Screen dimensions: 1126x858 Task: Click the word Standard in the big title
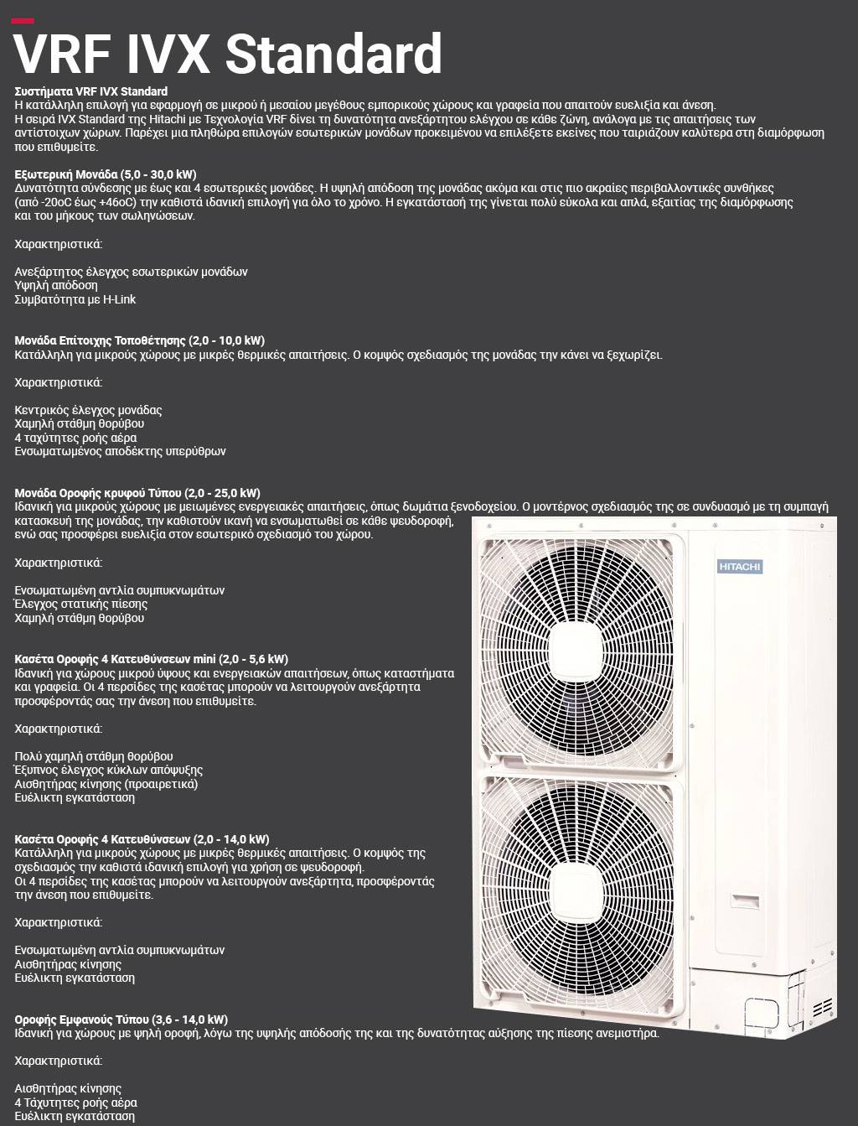click(333, 55)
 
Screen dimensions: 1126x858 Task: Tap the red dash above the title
click(23, 21)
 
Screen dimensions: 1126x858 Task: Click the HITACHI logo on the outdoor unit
click(740, 567)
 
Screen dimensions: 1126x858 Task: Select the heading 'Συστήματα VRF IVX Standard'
click(91, 91)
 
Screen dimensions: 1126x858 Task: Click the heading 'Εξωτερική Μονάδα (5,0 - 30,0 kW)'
click(106, 174)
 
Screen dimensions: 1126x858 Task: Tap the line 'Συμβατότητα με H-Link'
click(75, 299)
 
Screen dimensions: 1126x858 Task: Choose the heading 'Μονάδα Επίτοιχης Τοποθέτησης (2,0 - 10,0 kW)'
click(139, 340)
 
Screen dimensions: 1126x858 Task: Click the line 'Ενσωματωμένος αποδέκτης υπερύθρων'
click(120, 451)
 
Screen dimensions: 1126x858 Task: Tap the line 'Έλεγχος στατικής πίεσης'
click(80, 604)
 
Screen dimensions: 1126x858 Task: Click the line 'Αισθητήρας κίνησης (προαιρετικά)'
click(106, 784)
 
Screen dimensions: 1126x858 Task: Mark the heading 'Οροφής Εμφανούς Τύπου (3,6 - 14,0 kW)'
click(121, 1020)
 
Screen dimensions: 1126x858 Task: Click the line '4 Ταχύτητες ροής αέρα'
click(75, 1103)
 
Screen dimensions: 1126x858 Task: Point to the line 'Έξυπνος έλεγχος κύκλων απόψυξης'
click(109, 770)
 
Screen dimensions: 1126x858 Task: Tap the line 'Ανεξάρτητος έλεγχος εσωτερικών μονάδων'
click(131, 272)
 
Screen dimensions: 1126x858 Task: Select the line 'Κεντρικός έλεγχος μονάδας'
click(88, 410)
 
